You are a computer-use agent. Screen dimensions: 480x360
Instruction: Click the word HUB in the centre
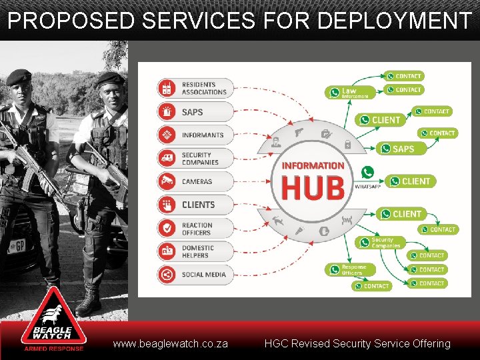tap(313, 187)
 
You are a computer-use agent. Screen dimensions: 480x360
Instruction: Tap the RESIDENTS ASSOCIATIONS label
tap(204, 88)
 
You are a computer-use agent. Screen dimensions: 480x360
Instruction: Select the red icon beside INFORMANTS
tap(167, 135)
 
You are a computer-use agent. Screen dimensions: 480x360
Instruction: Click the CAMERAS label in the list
tap(197, 181)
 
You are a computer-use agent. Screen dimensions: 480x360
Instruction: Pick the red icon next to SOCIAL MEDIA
tap(167, 275)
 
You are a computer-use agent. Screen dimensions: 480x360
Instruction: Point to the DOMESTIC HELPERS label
tap(198, 251)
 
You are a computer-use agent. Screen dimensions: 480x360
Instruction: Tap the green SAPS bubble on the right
tap(397, 149)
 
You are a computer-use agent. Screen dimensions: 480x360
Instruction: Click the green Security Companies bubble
tap(378, 243)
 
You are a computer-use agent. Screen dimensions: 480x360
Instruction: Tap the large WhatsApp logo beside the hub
tap(367, 173)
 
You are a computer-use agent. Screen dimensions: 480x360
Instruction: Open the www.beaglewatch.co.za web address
tap(171, 344)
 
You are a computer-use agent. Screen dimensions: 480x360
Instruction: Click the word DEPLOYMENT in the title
tap(394, 21)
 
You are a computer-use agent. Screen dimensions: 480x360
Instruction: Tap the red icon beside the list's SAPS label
tap(167, 111)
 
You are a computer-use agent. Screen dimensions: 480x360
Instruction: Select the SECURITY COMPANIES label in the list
tap(200, 158)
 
